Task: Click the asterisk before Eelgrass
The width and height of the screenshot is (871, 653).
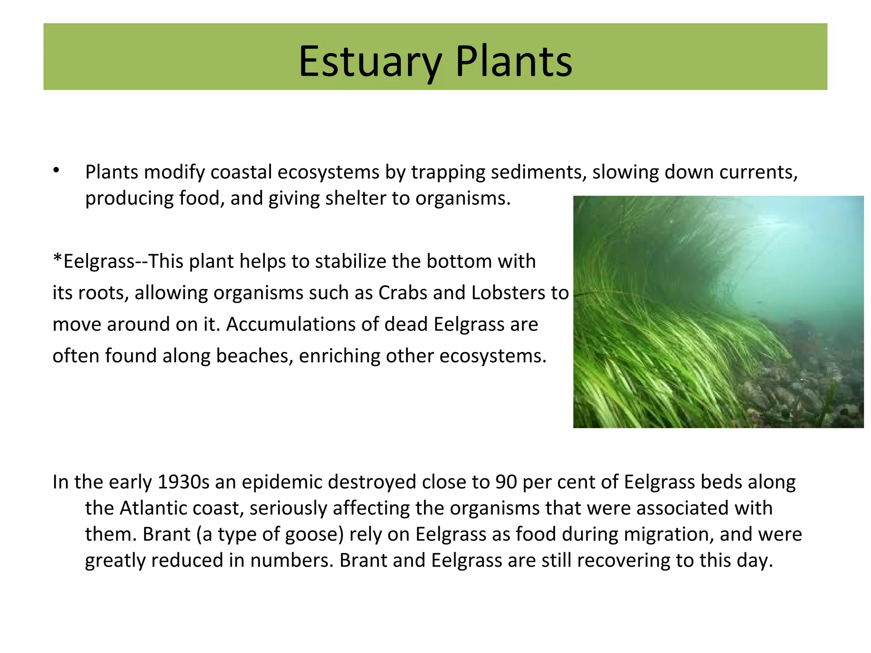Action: coord(57,258)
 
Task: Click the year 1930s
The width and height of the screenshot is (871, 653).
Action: coord(184,482)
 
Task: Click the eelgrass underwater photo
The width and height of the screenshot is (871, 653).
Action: coord(718,312)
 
